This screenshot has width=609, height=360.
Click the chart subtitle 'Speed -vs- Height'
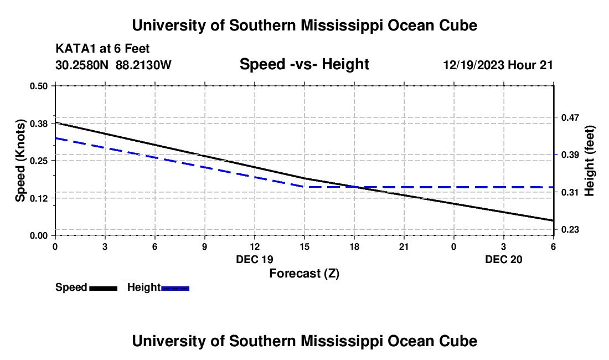304,65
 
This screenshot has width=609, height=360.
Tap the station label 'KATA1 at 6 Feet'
102,49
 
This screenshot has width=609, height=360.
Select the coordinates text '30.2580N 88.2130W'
113,65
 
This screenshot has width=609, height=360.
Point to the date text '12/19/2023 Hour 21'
498,65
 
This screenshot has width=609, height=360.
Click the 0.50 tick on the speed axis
39,86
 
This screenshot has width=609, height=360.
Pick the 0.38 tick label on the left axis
39,123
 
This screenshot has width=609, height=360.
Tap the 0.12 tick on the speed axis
39,198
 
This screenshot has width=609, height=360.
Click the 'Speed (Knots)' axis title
20,161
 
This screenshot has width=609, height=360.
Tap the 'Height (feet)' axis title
589,161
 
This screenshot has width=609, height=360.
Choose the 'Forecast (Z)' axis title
304,273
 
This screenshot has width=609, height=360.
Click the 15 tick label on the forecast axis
304,246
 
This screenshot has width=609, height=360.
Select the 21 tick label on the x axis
404,246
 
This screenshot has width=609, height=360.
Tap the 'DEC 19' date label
254,259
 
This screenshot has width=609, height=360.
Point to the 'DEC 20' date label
503,259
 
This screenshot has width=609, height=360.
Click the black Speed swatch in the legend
103,288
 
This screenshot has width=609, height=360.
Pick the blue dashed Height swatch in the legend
175,288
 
